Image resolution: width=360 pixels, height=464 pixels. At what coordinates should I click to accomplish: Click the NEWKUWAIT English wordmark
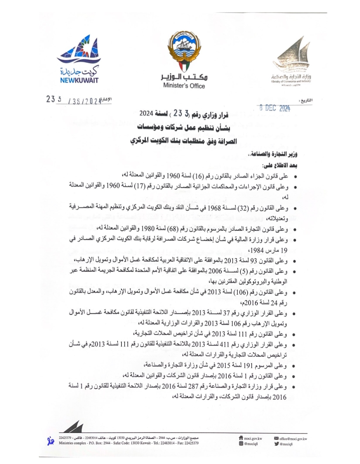tap(77, 80)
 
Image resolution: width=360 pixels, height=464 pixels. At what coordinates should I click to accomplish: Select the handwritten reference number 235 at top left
tap(52, 100)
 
